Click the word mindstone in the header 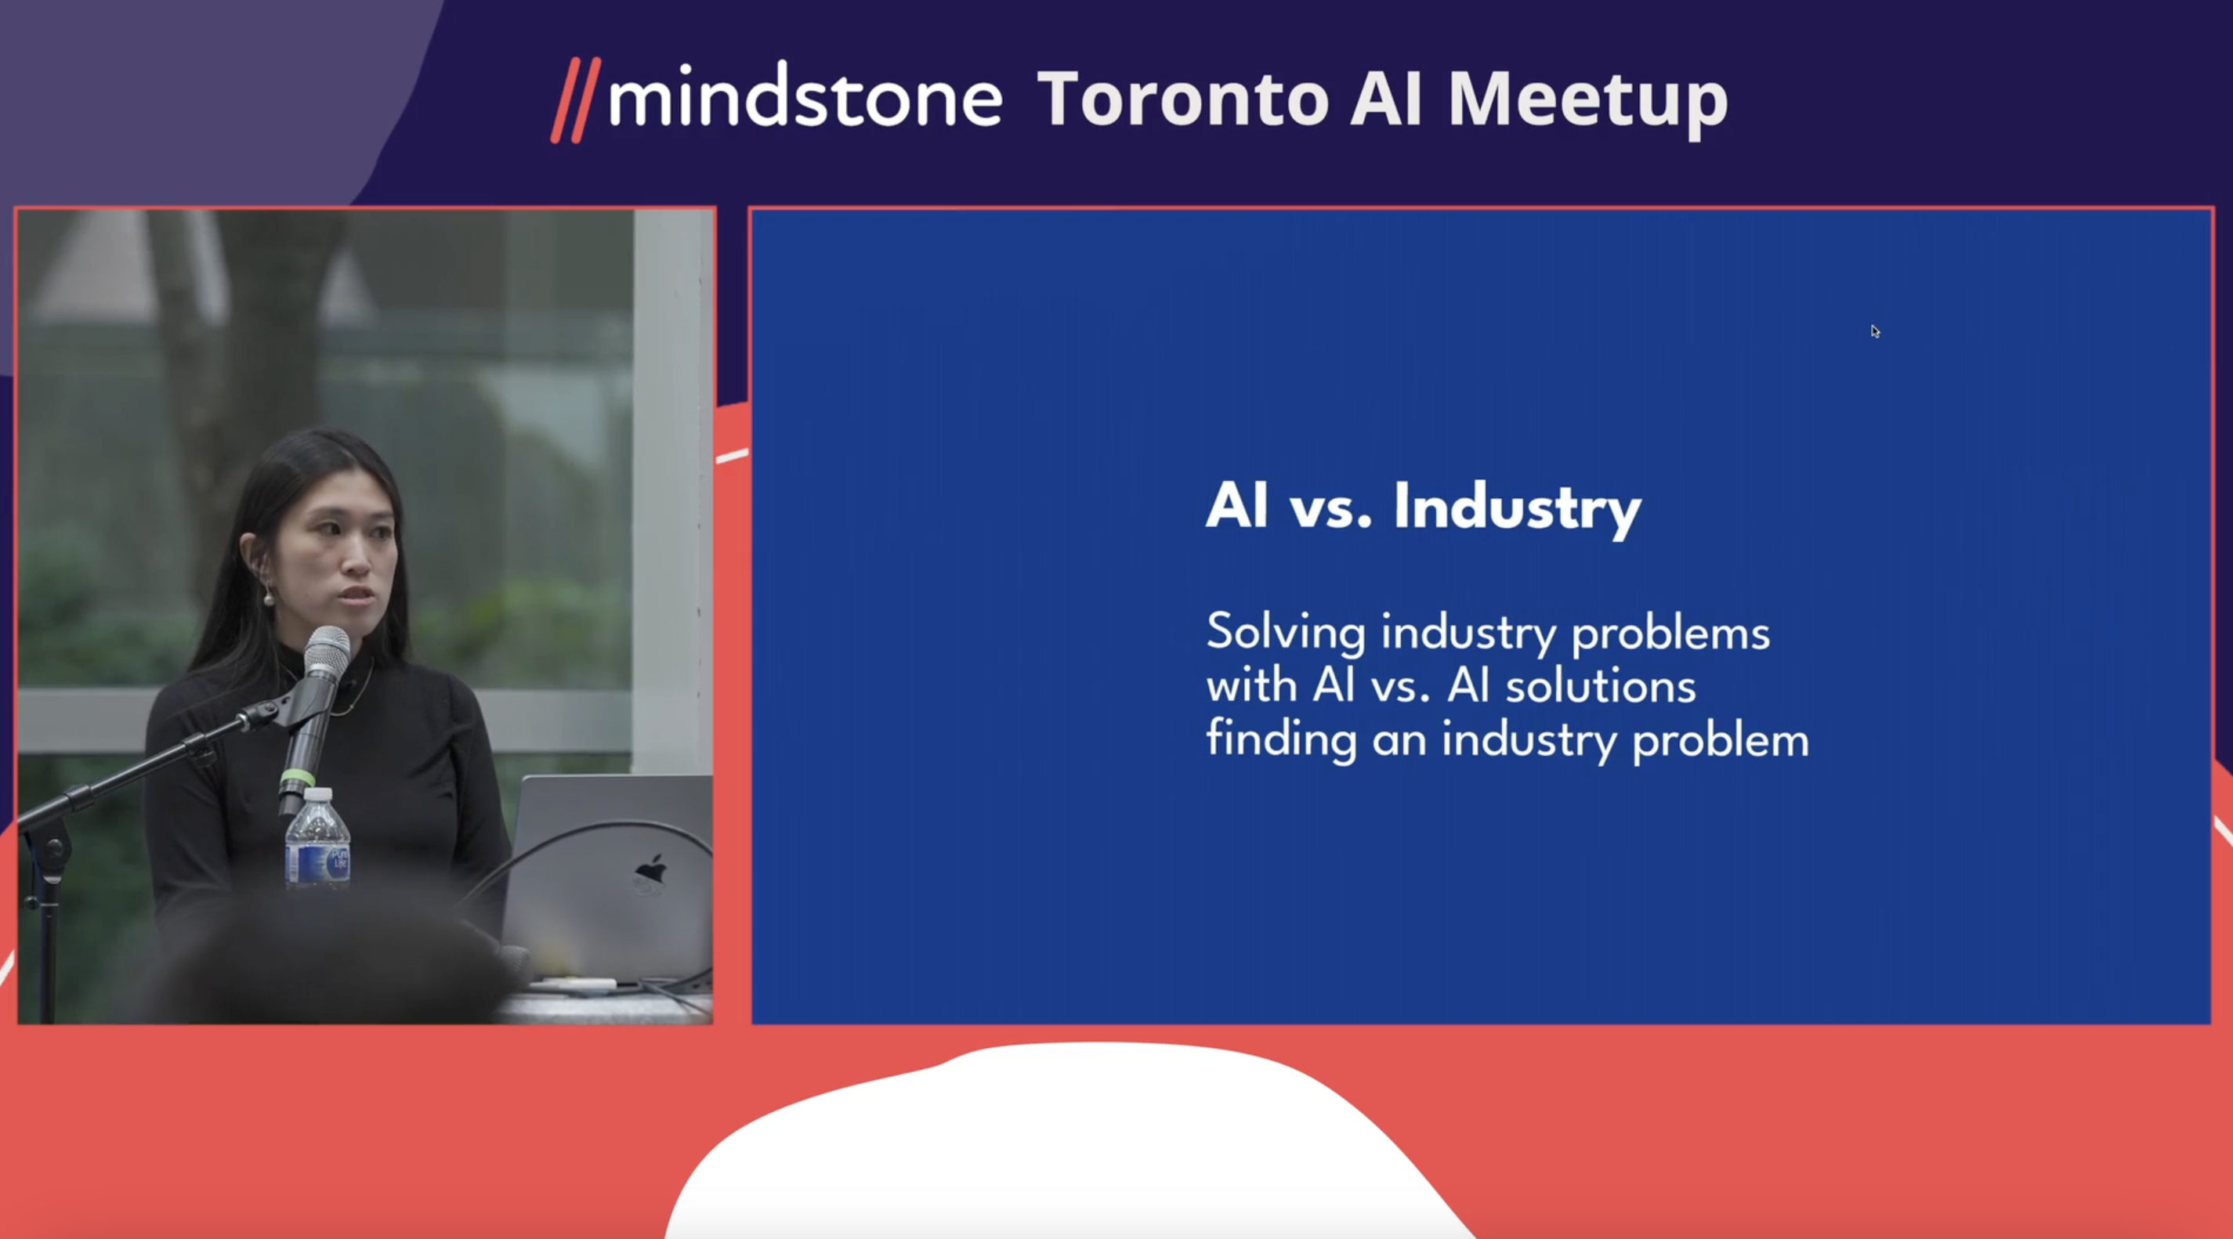pos(805,98)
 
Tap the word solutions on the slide pos(1600,687)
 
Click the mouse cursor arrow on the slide pos(1875,332)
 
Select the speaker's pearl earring pos(269,598)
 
